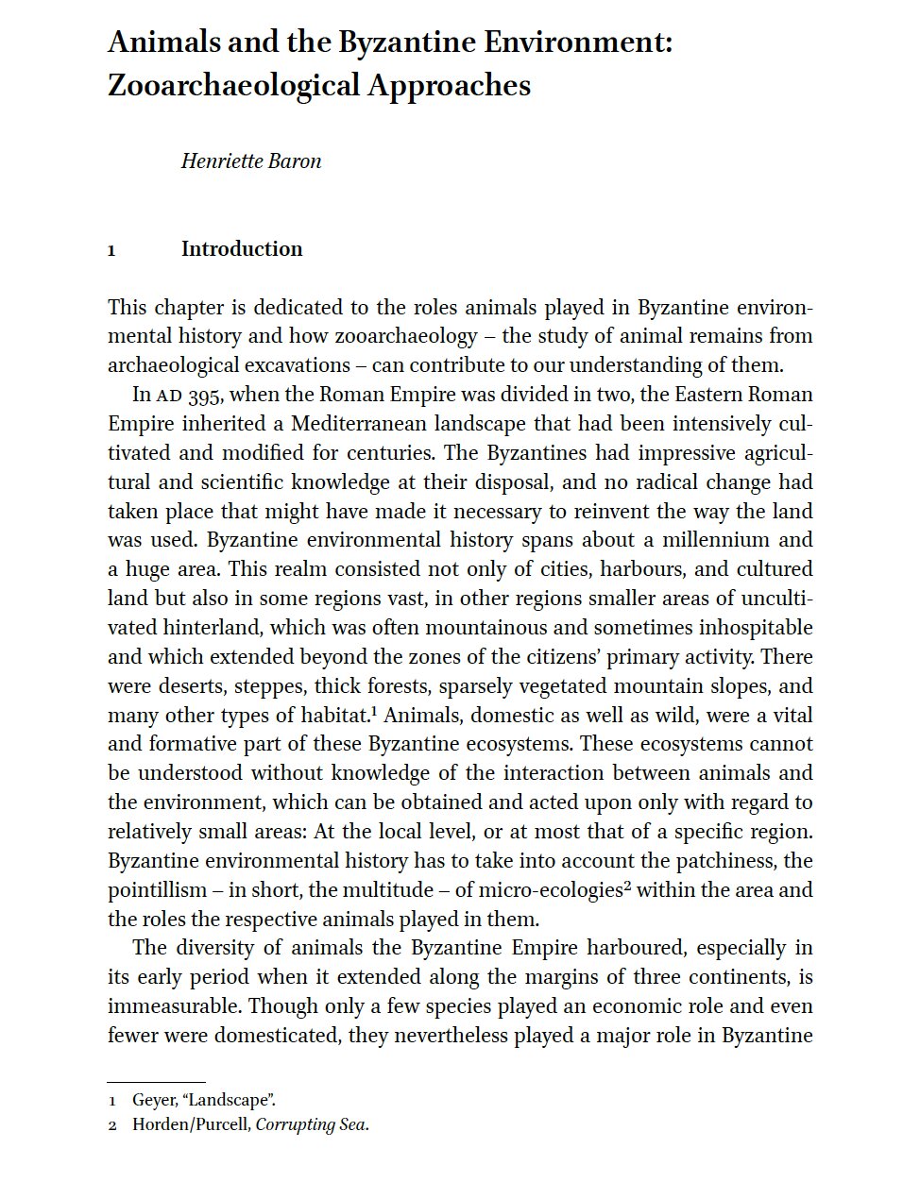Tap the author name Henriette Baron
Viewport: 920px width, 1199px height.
pyautogui.click(x=251, y=161)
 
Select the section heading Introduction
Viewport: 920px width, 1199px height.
pyautogui.click(x=242, y=249)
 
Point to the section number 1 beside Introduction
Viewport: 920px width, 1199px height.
pyautogui.click(x=111, y=250)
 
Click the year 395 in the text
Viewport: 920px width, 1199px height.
pyautogui.click(x=205, y=395)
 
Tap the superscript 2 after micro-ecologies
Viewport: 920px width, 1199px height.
pyautogui.click(x=627, y=886)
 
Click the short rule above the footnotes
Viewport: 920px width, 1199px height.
pyautogui.click(x=156, y=1082)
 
